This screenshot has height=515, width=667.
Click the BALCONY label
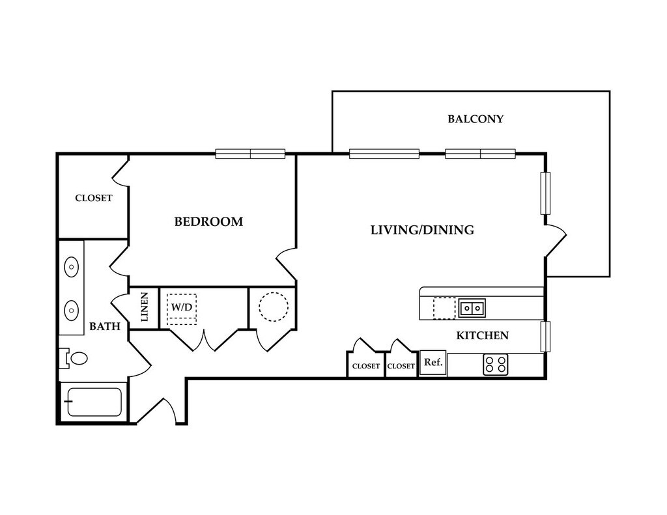pyautogui.click(x=475, y=118)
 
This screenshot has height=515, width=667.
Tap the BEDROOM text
pyautogui.click(x=208, y=221)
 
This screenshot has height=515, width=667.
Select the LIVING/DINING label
pyautogui.click(x=422, y=230)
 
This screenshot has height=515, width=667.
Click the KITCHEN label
pyautogui.click(x=483, y=335)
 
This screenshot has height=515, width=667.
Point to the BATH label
pyautogui.click(x=105, y=327)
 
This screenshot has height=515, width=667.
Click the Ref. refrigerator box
pyautogui.click(x=433, y=363)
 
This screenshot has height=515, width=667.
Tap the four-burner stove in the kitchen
pyautogui.click(x=496, y=365)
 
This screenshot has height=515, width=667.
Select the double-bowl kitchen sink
pyautogui.click(x=472, y=307)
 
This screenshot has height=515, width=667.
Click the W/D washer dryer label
pyautogui.click(x=182, y=307)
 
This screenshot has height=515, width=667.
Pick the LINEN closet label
pyautogui.click(x=145, y=307)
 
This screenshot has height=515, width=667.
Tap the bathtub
pyautogui.click(x=94, y=402)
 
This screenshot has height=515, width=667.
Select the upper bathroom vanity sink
pyautogui.click(x=71, y=267)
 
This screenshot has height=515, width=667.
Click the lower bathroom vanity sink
pyautogui.click(x=71, y=310)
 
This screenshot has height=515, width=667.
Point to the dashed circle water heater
pyautogui.click(x=274, y=307)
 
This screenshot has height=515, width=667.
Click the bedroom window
pyautogui.click(x=250, y=154)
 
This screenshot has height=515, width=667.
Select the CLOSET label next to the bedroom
pyautogui.click(x=94, y=198)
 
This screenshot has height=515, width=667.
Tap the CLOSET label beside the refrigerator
pyautogui.click(x=401, y=366)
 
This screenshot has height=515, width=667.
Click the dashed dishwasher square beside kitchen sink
pyautogui.click(x=444, y=308)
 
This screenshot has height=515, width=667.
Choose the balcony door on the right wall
pyautogui.click(x=556, y=240)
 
